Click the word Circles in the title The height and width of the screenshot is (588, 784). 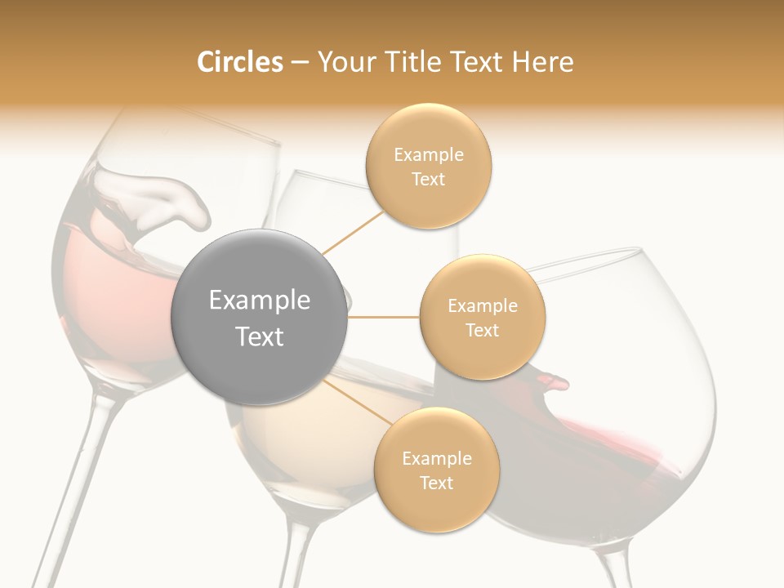239,62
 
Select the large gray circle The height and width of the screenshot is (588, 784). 259,318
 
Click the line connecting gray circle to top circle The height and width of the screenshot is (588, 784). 354,232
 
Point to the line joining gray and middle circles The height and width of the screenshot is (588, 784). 383,317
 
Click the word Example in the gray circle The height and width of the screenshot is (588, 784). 259,301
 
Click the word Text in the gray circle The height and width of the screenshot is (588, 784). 259,336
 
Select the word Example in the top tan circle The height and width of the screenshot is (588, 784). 428,155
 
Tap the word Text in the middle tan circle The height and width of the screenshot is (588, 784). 482,330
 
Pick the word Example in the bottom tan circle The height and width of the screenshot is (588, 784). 436,458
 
